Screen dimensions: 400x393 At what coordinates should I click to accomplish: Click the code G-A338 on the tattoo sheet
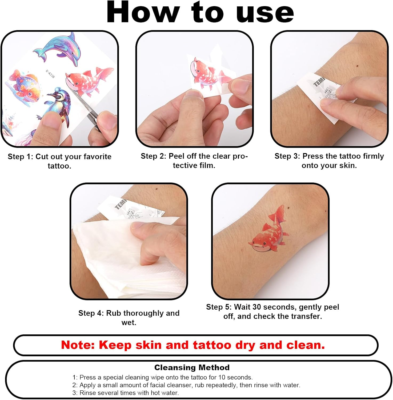point(50,74)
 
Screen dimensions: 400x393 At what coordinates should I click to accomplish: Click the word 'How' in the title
point(143,13)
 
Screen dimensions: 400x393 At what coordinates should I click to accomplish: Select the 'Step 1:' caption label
point(20,157)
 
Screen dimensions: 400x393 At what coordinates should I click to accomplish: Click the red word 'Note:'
point(78,345)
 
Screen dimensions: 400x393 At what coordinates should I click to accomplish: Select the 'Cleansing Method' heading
point(192,367)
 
